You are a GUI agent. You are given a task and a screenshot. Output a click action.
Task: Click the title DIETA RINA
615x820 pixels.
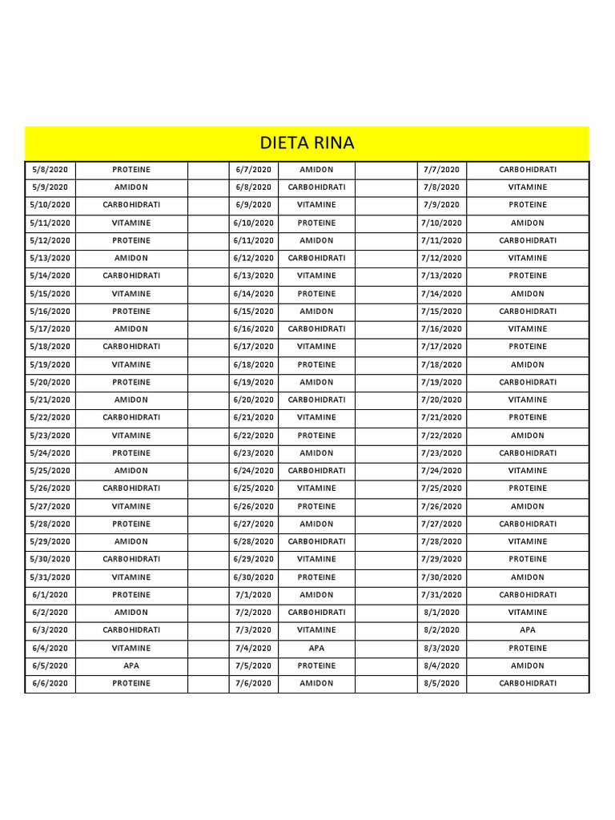point(307,143)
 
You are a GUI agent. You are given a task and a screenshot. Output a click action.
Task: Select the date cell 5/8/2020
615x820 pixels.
point(50,170)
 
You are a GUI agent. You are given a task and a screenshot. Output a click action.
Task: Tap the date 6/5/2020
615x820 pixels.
point(50,665)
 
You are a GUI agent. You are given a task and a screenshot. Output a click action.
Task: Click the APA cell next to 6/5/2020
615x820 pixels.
point(131,665)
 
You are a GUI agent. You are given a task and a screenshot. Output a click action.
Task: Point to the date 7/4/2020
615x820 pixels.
point(253,648)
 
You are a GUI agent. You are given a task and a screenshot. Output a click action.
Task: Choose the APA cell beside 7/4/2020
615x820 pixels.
point(316,648)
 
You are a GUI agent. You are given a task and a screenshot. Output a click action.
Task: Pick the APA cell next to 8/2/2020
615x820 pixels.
point(528,630)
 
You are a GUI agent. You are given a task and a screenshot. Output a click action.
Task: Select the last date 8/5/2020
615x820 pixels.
point(441,683)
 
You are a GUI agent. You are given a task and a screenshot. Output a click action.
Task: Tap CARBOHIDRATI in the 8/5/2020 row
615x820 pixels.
point(528,683)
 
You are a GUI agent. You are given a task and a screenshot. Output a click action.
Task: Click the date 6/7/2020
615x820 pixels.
point(253,170)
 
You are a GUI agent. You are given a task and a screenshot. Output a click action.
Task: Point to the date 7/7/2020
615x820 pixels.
point(441,170)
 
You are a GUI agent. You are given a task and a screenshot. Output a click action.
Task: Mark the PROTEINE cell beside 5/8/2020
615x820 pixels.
point(131,170)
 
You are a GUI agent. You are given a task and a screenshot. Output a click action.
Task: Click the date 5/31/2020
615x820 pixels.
point(50,577)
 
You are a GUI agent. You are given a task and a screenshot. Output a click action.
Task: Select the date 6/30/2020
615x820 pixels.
point(253,577)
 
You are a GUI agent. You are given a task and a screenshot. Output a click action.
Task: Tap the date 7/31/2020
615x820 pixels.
point(441,595)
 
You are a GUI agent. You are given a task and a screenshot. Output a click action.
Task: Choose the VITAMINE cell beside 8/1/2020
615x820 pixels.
point(528,613)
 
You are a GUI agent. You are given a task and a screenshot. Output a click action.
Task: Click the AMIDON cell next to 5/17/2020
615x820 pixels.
point(131,329)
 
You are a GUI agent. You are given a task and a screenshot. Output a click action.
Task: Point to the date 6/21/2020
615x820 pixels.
point(253,417)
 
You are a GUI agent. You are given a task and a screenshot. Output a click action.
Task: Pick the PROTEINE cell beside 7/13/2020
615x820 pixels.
point(528,275)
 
